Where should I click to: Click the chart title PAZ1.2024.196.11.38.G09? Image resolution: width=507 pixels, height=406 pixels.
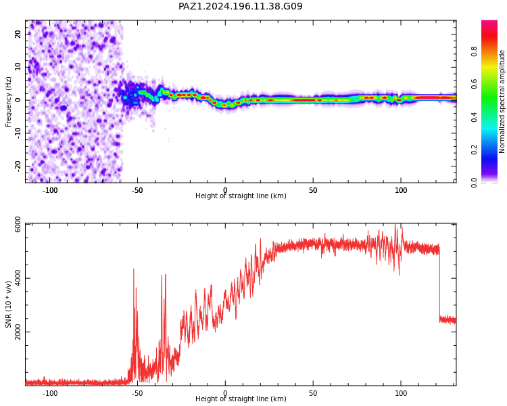tap(240, 6)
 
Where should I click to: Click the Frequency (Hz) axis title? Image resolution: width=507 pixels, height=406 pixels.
tap(8, 101)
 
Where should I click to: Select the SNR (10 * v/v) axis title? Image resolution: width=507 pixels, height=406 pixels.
tap(8, 304)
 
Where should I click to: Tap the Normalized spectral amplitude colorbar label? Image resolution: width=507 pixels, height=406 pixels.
tap(502, 101)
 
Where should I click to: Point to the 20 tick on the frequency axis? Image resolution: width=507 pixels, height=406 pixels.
tap(18, 34)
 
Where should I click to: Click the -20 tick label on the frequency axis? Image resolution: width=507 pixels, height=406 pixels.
tap(18, 166)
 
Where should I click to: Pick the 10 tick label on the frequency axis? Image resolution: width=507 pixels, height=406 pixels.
tap(18, 67)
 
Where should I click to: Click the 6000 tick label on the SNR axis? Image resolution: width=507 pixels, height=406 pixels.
tap(18, 225)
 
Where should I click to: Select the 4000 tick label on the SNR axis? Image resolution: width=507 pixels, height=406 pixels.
tap(18, 278)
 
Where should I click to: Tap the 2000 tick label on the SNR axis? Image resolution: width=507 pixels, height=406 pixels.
tap(18, 332)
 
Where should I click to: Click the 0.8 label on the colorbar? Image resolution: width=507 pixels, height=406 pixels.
tap(474, 51)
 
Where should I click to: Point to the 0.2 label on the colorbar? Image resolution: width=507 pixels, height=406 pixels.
tap(474, 150)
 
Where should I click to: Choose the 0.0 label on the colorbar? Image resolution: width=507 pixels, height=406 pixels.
tap(474, 183)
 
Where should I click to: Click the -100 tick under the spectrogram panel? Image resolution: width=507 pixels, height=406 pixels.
tap(49, 190)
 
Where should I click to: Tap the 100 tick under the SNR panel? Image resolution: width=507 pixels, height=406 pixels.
tap(401, 393)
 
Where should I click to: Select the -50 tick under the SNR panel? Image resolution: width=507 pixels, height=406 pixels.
tap(137, 393)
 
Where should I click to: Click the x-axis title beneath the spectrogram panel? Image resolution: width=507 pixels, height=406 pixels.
tap(241, 196)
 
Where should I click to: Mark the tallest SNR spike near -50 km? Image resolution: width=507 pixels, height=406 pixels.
tap(134, 269)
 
